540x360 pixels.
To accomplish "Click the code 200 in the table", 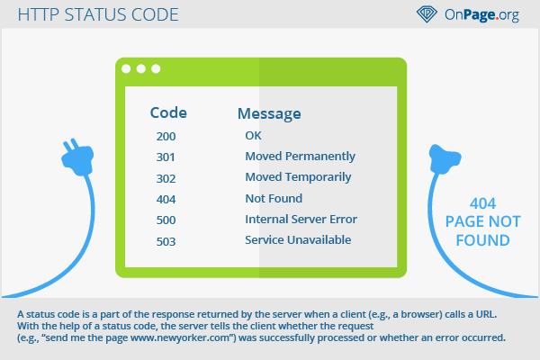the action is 166,137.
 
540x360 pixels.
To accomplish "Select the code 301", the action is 166,157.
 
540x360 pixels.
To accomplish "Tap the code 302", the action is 166,178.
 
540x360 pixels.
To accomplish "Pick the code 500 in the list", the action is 166,220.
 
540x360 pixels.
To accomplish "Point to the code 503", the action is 166,241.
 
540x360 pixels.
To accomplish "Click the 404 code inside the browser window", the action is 166,199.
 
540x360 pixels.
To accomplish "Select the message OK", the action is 253,135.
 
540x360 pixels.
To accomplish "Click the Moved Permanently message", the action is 300,157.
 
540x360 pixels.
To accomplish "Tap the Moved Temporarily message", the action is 298,177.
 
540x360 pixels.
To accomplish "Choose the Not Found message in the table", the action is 274,198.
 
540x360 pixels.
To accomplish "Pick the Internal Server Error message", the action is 301,219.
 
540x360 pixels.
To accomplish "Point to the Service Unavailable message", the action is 298,239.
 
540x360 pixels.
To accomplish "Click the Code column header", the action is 168,112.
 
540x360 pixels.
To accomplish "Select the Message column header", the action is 269,113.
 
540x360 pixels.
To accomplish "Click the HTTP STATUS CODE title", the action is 98,14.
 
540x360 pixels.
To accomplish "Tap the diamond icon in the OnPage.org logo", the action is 427,14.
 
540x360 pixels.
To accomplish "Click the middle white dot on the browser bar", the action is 141,69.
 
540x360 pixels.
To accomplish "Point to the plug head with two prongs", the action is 77,157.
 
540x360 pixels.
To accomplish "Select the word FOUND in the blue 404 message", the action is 482,240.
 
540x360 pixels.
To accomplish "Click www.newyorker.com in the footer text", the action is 180,337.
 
